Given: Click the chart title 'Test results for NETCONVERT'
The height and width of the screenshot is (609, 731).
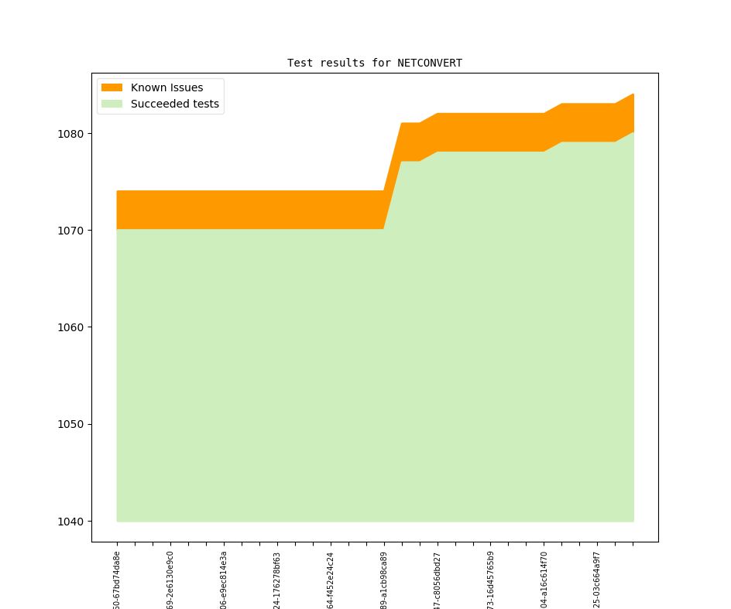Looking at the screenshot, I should (x=374, y=63).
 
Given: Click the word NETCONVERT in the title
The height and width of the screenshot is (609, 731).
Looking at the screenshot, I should (x=430, y=63).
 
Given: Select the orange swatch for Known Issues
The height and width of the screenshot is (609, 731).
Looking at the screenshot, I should (x=112, y=87).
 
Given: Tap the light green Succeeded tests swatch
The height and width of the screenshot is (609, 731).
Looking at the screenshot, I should (x=112, y=104).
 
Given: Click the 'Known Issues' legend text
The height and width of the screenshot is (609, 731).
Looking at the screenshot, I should (x=166, y=87).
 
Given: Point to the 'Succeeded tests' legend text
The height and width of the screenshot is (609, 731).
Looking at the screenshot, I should (x=174, y=104).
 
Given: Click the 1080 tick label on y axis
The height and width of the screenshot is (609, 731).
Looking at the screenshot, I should (x=71, y=134).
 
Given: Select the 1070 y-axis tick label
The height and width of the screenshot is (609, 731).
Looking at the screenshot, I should (x=71, y=231).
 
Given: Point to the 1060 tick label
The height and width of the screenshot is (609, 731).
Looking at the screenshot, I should (x=71, y=327).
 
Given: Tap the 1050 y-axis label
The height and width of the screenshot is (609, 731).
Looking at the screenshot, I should (x=71, y=424).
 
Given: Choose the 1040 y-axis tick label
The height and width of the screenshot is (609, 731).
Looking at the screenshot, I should (x=71, y=521).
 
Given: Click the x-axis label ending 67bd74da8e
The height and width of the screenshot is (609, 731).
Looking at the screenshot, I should (x=117, y=580).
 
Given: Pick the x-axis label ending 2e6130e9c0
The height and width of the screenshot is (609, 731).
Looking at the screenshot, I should (x=170, y=580).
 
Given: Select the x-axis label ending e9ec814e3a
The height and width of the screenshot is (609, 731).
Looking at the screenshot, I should (x=224, y=580).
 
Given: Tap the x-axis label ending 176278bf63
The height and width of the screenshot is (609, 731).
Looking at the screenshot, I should (x=277, y=580).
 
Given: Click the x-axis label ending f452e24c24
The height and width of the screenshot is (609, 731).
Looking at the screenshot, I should (x=331, y=580).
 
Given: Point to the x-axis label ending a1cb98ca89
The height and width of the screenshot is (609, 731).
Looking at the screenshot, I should (x=384, y=580).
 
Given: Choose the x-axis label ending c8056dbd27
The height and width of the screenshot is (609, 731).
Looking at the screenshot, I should (x=438, y=580).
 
